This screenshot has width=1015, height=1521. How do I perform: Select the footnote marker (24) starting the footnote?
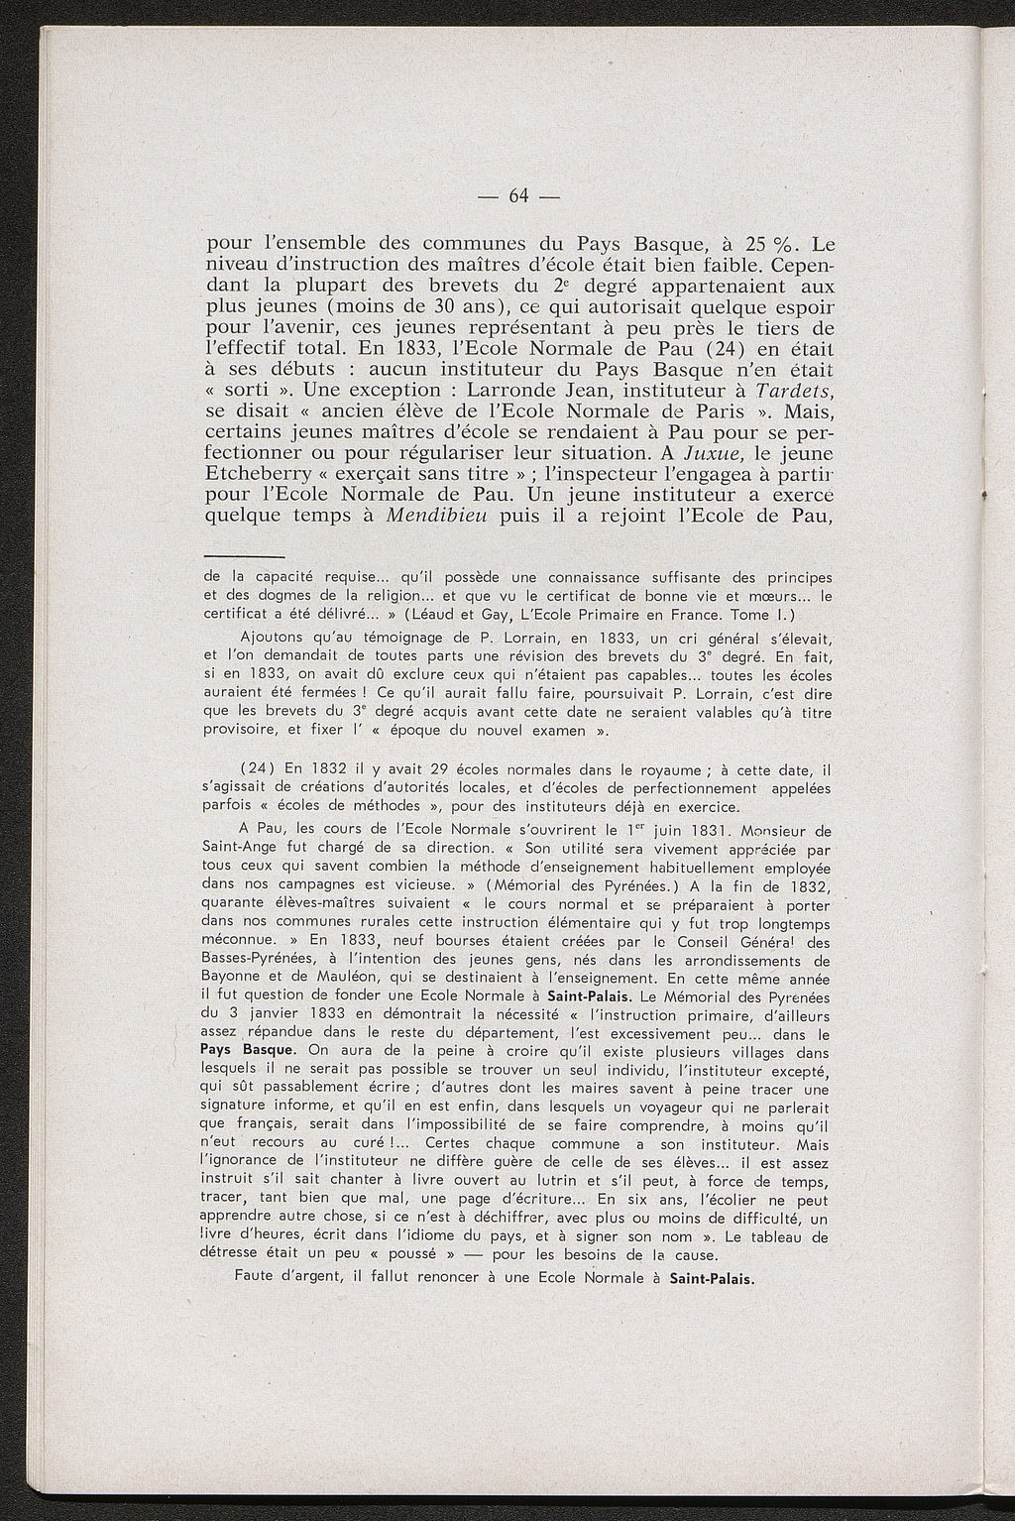[257, 769]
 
